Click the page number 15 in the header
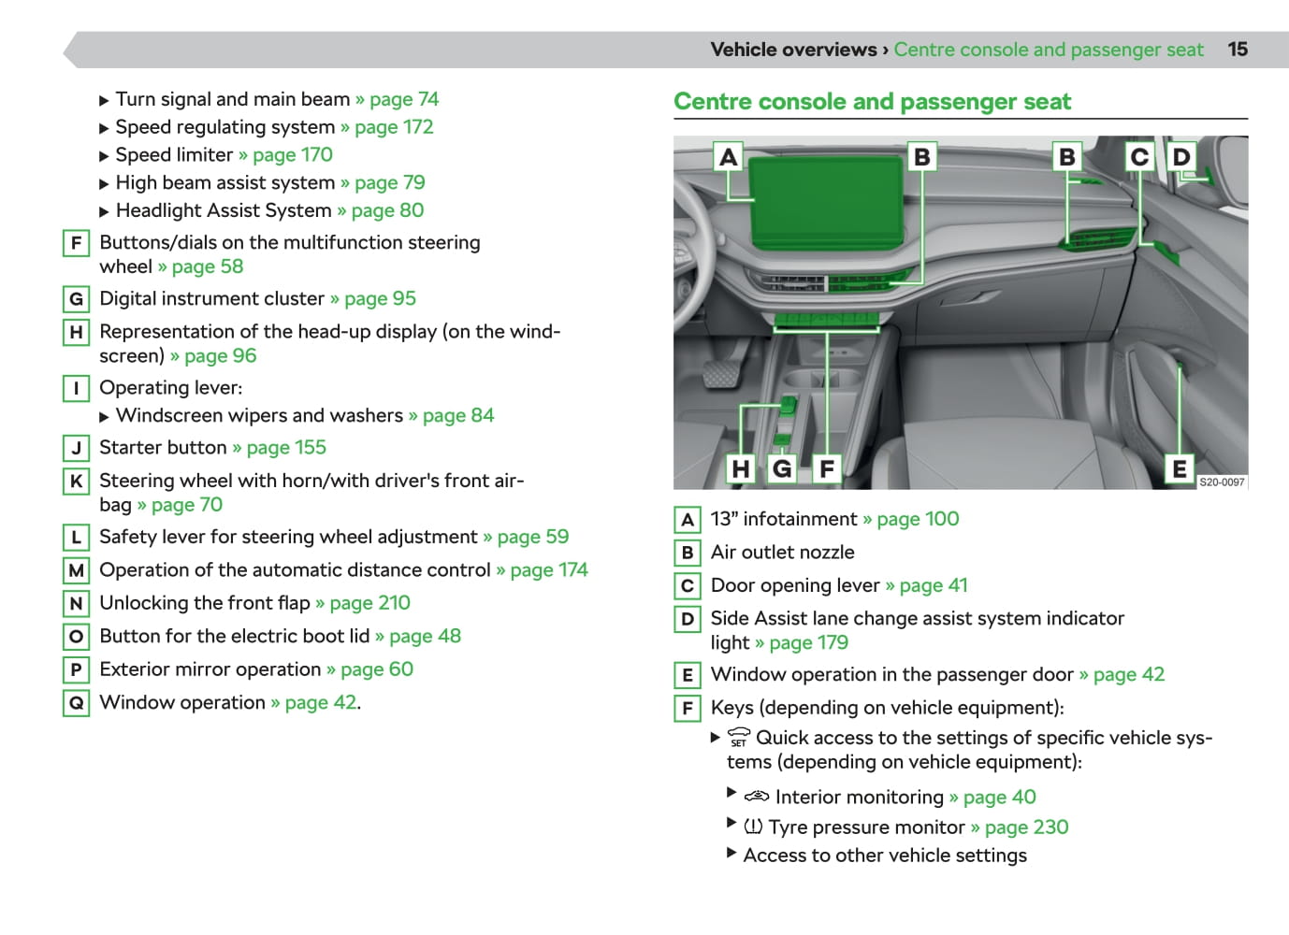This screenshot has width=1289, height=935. tap(1237, 50)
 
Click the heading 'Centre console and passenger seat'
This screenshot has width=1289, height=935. tap(872, 102)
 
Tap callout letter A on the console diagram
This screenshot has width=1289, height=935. tap(728, 156)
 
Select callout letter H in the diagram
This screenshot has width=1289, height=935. tap(741, 467)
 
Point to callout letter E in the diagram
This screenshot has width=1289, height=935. tap(1179, 467)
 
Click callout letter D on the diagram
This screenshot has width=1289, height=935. tap(1181, 156)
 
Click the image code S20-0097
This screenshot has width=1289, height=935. tap(1222, 482)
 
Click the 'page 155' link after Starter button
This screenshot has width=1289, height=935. tap(285, 448)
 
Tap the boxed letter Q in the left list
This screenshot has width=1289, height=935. tap(76, 703)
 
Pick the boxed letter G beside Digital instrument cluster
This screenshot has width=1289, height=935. tap(76, 299)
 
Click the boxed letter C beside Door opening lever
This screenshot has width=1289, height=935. tap(687, 586)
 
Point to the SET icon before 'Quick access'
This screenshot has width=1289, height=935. tap(739, 738)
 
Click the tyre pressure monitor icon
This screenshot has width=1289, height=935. tap(753, 827)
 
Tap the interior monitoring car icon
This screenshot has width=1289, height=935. tap(756, 798)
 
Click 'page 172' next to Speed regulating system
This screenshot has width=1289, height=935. tap(393, 127)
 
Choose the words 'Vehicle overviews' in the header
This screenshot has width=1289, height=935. tap(793, 50)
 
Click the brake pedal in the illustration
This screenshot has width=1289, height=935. tap(721, 373)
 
